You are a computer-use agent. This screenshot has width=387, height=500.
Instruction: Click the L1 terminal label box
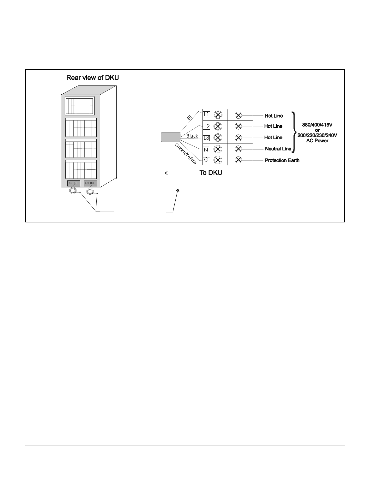[206, 114]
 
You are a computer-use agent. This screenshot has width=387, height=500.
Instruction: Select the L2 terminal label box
[207, 126]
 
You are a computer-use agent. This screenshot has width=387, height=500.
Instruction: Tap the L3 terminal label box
[206, 138]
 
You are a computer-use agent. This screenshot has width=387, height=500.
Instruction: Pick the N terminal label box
[206, 150]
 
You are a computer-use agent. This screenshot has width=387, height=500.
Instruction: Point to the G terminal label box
[206, 160]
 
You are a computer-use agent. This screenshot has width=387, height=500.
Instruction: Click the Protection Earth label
[282, 160]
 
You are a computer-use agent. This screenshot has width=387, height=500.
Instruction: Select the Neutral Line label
[278, 149]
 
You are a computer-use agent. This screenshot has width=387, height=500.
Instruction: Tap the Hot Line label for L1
[274, 116]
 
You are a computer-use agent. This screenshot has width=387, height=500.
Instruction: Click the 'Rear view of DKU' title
[93, 78]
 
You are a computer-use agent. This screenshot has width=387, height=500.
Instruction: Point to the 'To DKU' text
[211, 173]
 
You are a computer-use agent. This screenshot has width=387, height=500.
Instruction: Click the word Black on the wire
[192, 136]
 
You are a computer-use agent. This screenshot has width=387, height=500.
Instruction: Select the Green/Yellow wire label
[186, 154]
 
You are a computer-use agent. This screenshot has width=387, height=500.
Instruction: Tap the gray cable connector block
[171, 138]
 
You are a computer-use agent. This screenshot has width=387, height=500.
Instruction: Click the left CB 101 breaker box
[74, 183]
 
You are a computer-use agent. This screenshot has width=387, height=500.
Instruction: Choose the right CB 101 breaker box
[90, 183]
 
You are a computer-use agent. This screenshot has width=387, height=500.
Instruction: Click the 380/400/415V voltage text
[317, 125]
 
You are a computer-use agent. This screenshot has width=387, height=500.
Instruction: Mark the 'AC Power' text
[317, 141]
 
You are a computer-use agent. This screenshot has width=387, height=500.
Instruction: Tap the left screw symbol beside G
[218, 160]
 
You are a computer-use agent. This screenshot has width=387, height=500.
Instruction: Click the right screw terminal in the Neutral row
[239, 149]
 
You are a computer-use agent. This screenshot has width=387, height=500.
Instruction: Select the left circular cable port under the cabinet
[73, 191]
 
